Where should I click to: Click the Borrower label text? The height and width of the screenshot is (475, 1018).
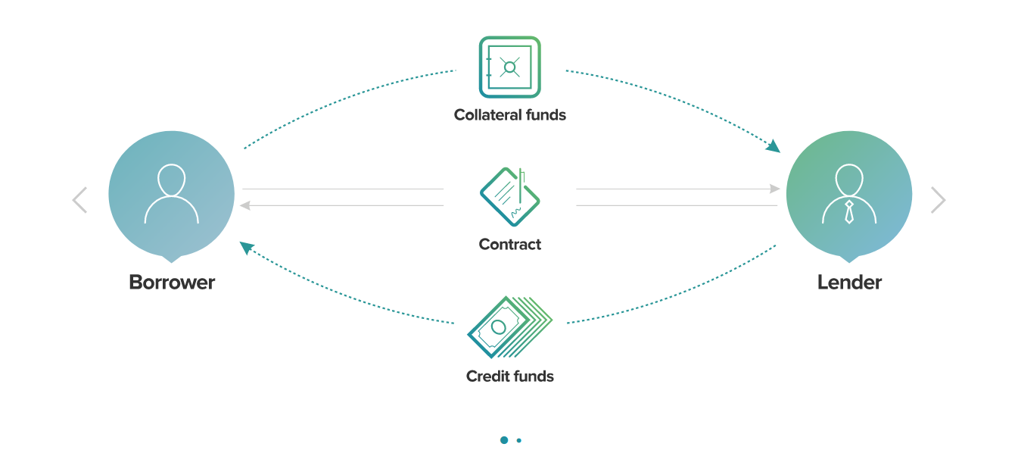[172, 283]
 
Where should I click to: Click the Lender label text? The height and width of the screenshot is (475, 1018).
[849, 283]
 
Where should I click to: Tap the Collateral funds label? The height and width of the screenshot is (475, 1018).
[509, 115]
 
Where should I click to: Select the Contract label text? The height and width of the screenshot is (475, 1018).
[509, 245]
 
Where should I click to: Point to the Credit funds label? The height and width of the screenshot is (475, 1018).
[509, 377]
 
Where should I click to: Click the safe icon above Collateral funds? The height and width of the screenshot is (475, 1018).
[509, 67]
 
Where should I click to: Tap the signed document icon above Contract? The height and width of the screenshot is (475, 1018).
[509, 196]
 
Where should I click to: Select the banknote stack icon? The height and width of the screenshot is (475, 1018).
[509, 327]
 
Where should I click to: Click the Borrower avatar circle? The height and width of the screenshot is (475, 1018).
[172, 194]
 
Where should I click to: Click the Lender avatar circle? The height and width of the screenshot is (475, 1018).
[849, 194]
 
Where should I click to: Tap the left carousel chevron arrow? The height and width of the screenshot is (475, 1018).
[79, 200]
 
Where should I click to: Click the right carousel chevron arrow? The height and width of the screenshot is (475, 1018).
[938, 200]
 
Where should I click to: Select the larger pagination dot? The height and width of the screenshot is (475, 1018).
[504, 440]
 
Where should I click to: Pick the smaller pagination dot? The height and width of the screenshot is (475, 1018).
[519, 440]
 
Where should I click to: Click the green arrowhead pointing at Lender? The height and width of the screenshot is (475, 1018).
[773, 145]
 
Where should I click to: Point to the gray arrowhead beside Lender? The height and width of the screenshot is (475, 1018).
[775, 189]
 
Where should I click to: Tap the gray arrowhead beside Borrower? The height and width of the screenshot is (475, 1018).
[245, 205]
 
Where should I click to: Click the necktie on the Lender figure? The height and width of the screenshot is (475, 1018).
[849, 211]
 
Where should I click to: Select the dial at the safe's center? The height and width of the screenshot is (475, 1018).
[510, 67]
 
